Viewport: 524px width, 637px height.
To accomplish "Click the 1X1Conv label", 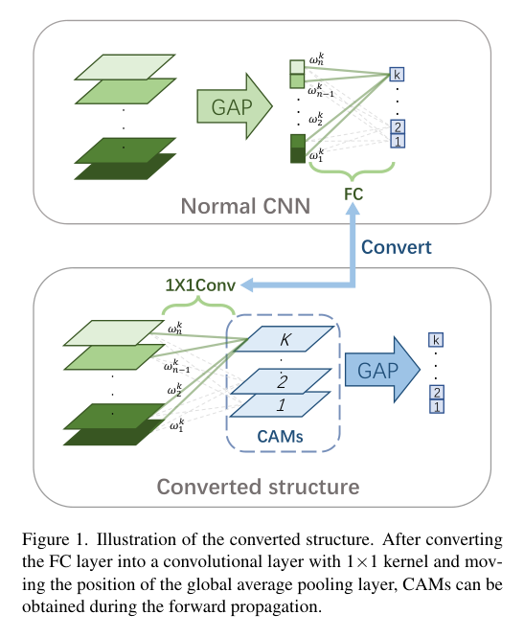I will (199, 284).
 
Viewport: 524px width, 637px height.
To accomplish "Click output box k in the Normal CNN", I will (398, 74).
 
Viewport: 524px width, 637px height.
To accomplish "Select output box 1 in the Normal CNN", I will (398, 142).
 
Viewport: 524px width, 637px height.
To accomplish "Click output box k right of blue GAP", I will (437, 340).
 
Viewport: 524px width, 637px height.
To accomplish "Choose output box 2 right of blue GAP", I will (437, 393).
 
